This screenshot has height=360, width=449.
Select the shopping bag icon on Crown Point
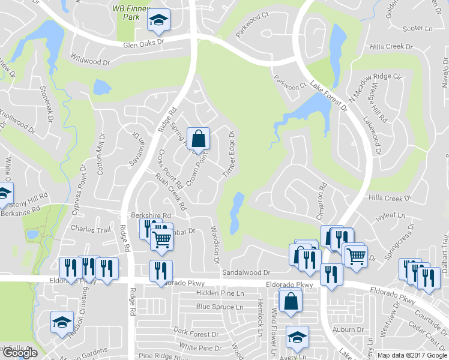click(x=198, y=139)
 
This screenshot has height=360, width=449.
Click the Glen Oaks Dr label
click(x=143, y=44)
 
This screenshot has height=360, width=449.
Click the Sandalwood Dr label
click(x=243, y=272)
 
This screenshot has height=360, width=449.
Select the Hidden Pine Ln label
click(x=221, y=293)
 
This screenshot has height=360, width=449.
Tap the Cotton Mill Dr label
click(x=102, y=155)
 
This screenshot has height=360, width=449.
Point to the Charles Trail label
click(x=91, y=229)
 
